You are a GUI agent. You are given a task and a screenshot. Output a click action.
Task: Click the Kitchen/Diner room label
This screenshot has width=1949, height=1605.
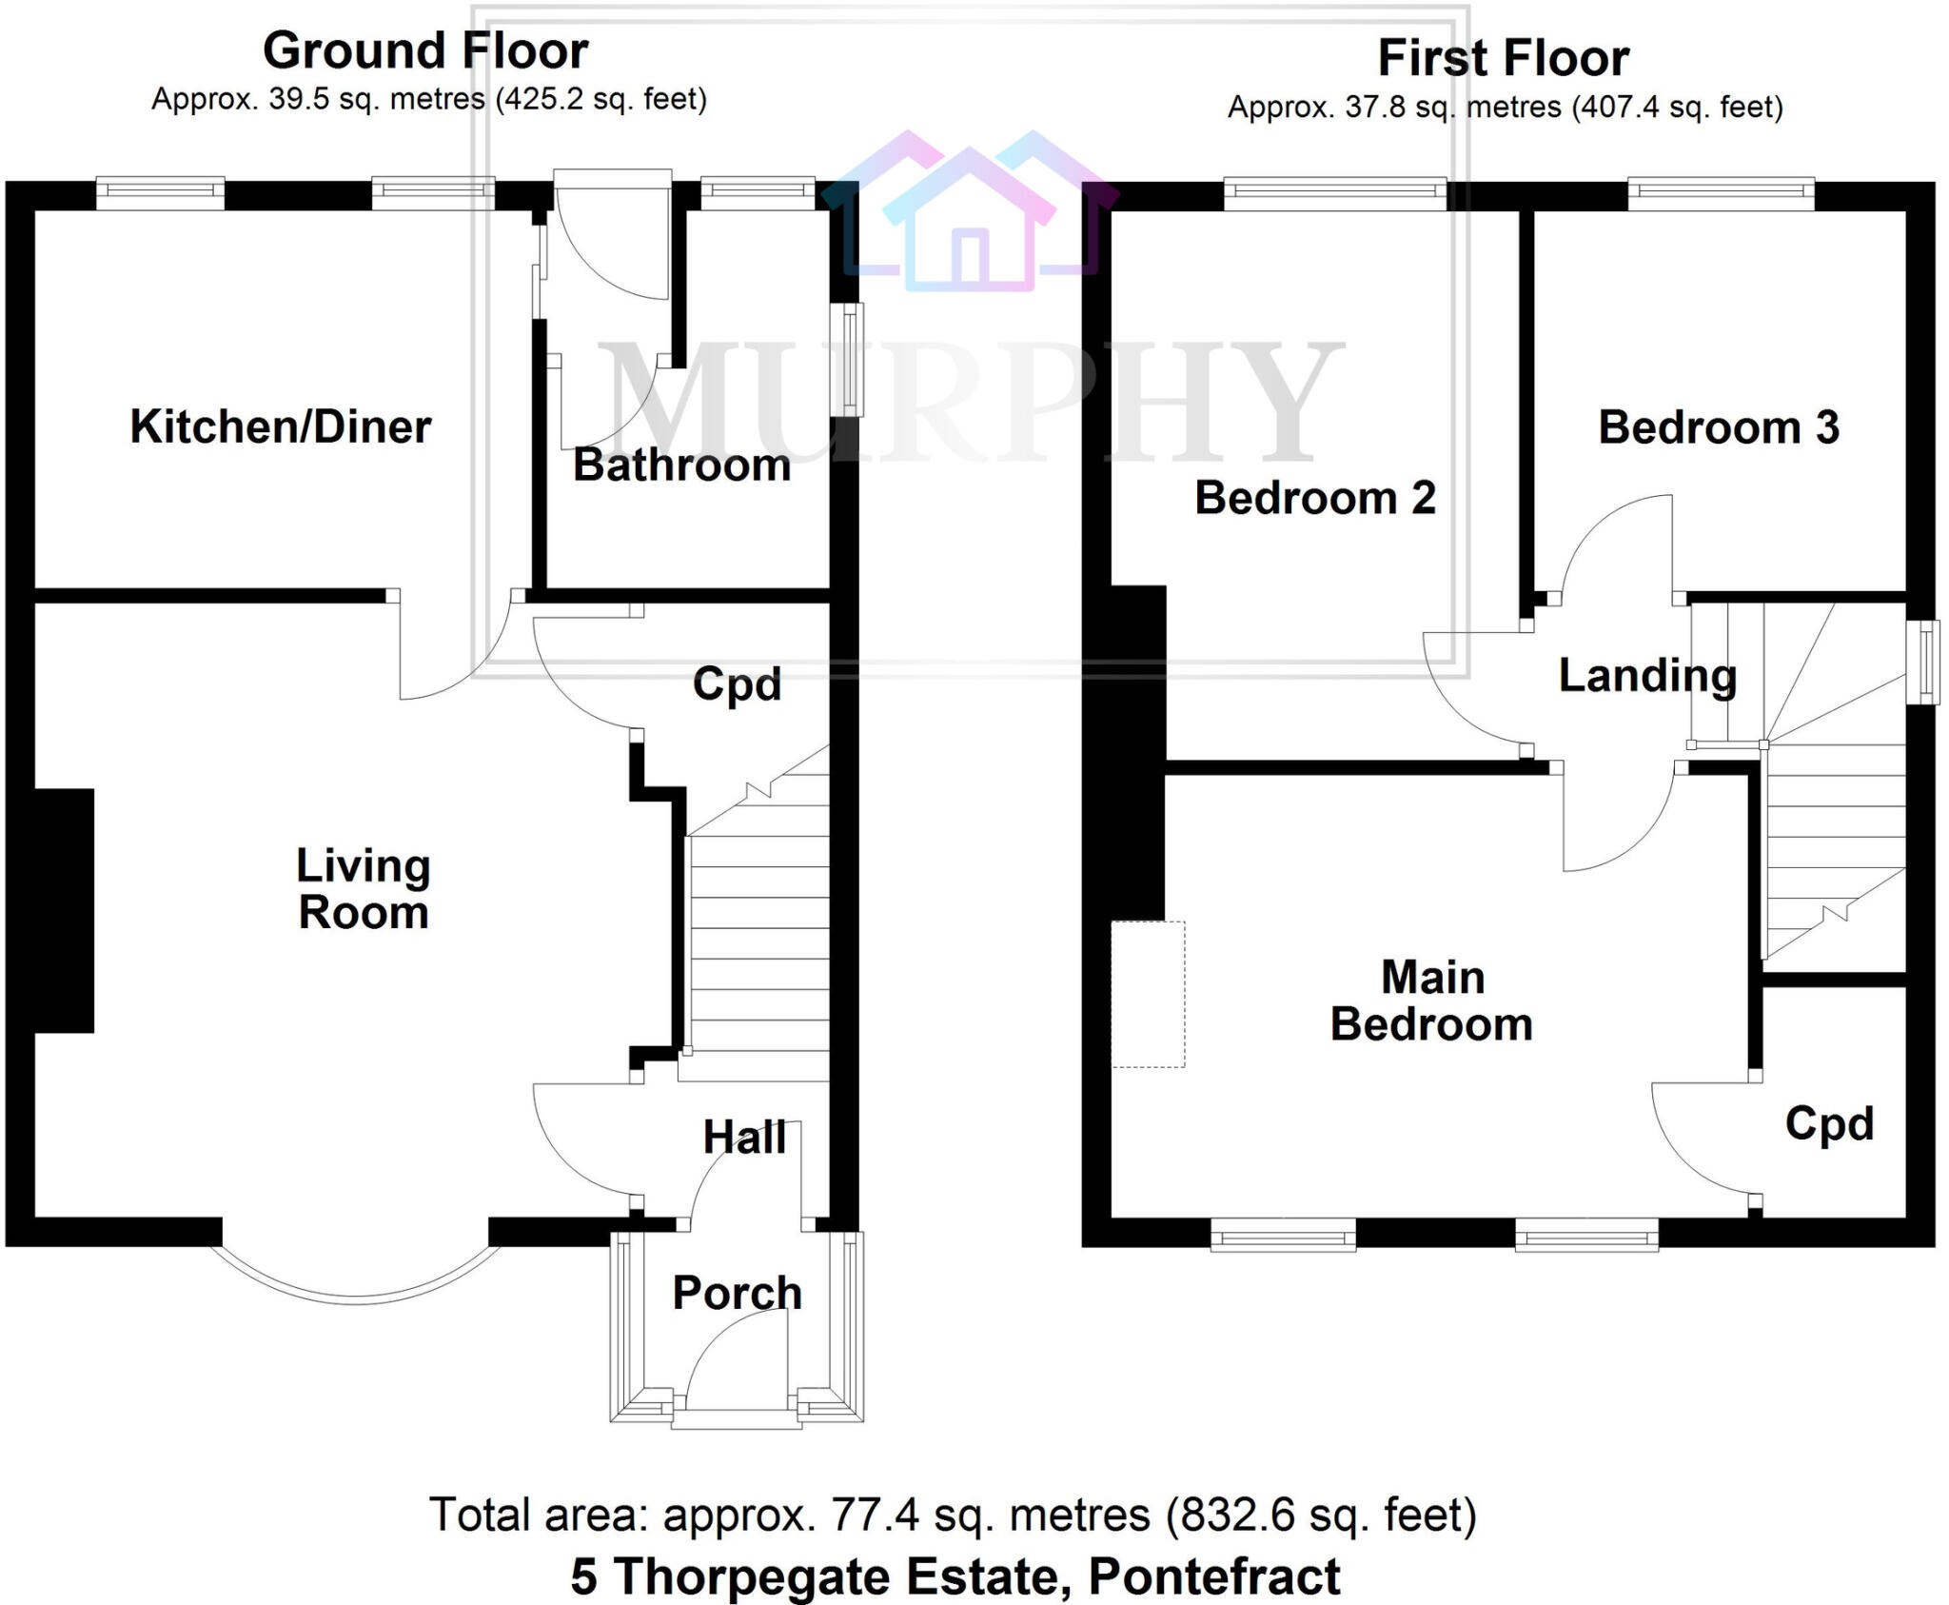pos(281,426)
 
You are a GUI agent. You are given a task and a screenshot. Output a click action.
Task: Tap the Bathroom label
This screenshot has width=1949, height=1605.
pos(681,466)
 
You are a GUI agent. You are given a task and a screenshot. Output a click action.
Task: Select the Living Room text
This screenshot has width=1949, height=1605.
pos(363,889)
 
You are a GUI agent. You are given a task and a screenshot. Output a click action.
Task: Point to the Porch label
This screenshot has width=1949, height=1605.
pos(737,1293)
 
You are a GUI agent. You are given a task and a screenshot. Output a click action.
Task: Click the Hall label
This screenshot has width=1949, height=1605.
pos(744,1138)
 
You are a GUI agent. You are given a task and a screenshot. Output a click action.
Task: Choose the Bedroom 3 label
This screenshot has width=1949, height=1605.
pos(1718,427)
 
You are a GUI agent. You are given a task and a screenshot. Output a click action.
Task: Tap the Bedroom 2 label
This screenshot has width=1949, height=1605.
pos(1314,498)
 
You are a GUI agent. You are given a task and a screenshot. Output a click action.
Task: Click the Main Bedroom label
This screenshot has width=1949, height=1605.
pos(1431,1001)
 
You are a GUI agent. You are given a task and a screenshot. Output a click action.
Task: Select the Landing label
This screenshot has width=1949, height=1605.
pos(1647,676)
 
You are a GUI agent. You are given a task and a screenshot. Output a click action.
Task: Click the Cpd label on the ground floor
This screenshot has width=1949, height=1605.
pos(737,684)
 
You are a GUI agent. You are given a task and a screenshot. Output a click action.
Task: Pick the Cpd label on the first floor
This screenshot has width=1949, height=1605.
pos(1829,1124)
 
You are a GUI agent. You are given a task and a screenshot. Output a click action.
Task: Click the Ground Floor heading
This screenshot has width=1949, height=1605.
pos(425,50)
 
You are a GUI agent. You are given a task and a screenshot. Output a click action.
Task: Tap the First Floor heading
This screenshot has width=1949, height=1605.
pos(1504,58)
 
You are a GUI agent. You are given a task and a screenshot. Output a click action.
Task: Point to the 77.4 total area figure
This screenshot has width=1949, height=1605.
pos(867,1515)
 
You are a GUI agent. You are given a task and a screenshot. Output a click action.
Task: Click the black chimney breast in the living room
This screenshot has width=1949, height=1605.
pos(63,910)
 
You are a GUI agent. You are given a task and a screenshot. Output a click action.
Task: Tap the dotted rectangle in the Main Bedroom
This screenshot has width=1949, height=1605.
pos(1148,994)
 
